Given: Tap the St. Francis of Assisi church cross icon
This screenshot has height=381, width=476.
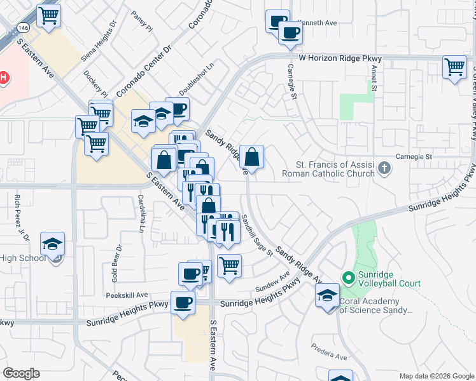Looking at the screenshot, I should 384,168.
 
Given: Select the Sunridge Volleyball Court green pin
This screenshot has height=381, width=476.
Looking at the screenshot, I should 348,277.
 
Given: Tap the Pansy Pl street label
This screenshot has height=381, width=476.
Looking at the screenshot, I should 141,22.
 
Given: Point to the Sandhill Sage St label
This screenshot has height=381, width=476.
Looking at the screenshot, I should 256,234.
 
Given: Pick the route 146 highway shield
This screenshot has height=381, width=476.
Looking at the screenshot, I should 24,29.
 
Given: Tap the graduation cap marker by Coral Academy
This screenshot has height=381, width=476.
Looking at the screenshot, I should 328,295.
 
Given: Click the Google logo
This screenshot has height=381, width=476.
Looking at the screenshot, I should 22,373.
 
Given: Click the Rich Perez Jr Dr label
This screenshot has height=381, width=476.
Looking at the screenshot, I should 18,217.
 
